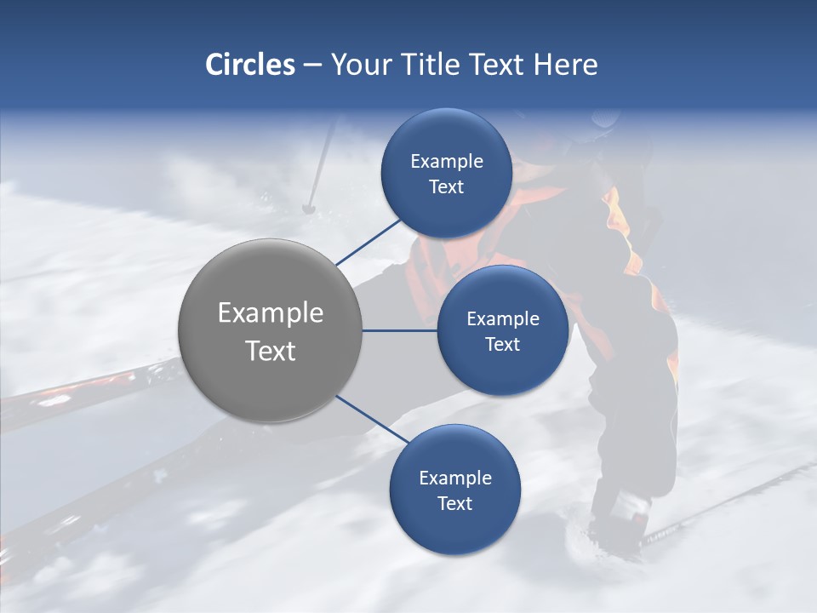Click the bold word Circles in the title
coord(249,65)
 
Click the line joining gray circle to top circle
coord(369,242)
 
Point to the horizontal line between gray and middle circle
coord(399,330)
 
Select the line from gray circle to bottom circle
coord(371,421)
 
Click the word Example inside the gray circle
coord(271,313)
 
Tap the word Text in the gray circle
coord(271,351)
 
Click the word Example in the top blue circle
coord(447,162)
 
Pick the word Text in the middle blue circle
coord(502,345)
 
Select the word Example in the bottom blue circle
coord(455,478)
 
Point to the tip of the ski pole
coord(309,208)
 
